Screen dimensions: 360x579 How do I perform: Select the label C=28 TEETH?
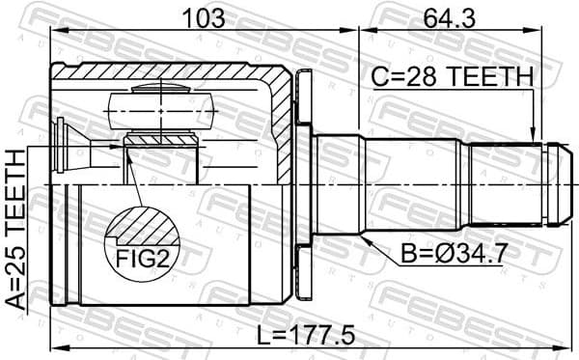(x=453, y=77)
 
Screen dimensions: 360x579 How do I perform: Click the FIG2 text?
(x=142, y=259)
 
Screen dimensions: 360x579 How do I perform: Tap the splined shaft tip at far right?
(x=558, y=183)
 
